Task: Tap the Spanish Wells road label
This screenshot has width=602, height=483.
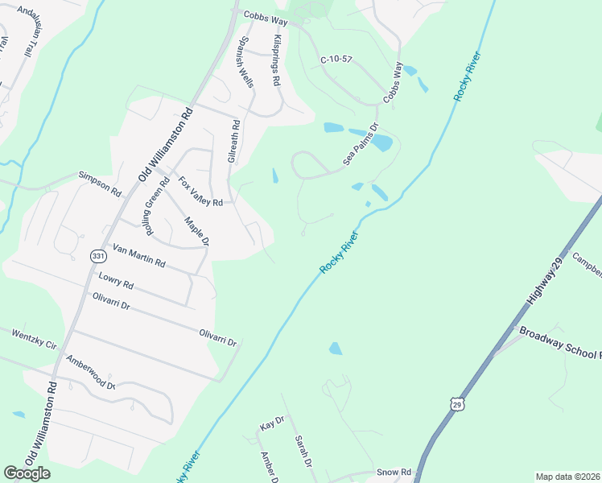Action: click(245, 62)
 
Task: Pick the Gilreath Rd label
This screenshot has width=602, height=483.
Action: click(233, 142)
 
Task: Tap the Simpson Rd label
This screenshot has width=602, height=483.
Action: click(99, 184)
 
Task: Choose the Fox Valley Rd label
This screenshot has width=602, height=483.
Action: click(200, 192)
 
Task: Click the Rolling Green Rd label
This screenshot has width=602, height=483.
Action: click(155, 205)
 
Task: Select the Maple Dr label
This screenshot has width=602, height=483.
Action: click(196, 231)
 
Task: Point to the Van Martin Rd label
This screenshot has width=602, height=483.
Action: click(138, 257)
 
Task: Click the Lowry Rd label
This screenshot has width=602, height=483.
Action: click(115, 281)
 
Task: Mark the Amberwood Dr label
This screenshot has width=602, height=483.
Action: click(91, 373)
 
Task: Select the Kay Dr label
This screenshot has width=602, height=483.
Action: click(272, 422)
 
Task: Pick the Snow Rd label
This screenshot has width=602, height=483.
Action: click(394, 472)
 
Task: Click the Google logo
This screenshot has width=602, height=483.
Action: click(27, 473)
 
